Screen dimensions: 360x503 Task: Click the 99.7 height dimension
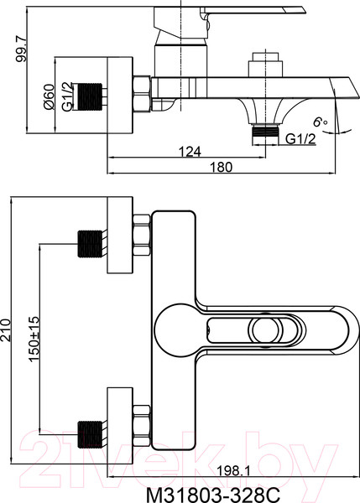point(23,49)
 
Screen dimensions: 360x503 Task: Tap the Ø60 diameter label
point(50,96)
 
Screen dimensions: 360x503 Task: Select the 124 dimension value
point(190,151)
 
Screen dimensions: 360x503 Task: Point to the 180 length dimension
point(221,167)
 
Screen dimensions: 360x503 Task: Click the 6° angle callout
point(321,122)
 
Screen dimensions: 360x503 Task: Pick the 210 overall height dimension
point(6,330)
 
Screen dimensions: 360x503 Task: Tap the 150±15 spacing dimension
point(34,339)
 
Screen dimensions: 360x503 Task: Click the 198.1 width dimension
point(233,470)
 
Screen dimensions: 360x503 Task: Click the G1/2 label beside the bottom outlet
point(300,139)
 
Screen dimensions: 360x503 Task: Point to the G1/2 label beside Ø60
point(67,96)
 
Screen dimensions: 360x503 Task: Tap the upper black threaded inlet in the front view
point(90,244)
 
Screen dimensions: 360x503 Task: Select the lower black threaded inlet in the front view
point(90,434)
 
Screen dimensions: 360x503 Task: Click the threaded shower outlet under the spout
point(266,132)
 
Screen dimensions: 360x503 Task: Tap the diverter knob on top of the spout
point(266,65)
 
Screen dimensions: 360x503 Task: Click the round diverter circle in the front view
point(266,330)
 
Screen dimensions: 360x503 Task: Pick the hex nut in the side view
point(142,94)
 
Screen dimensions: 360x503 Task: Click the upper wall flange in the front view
point(120,235)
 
